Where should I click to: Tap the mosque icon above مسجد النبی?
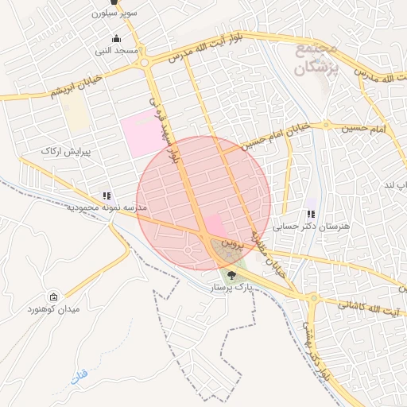click(117, 39)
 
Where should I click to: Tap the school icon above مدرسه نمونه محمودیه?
click(106, 196)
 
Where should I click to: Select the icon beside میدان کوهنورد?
click(53, 297)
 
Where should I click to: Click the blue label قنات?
click(77, 377)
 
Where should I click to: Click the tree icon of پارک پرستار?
click(231, 274)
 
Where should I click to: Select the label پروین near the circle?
click(229, 238)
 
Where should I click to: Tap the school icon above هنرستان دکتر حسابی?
click(310, 214)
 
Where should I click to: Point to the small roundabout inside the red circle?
click(189, 250)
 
